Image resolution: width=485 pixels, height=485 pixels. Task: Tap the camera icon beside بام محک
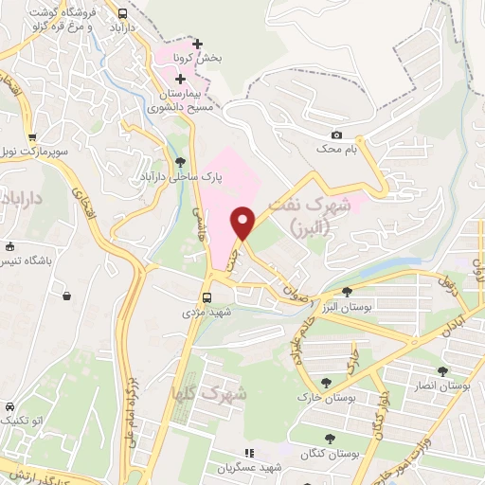click(336, 135)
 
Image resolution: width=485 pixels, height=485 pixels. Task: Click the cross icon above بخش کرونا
click(196, 44)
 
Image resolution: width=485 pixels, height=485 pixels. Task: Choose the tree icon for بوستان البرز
click(347, 292)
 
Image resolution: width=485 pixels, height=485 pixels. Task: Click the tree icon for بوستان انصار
click(442, 370)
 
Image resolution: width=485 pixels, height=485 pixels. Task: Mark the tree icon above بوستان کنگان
click(329, 438)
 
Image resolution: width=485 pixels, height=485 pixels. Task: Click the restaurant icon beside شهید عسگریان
click(250, 455)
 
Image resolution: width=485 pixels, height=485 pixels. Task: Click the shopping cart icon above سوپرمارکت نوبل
click(33, 135)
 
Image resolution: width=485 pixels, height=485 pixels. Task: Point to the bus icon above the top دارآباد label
click(122, 13)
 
